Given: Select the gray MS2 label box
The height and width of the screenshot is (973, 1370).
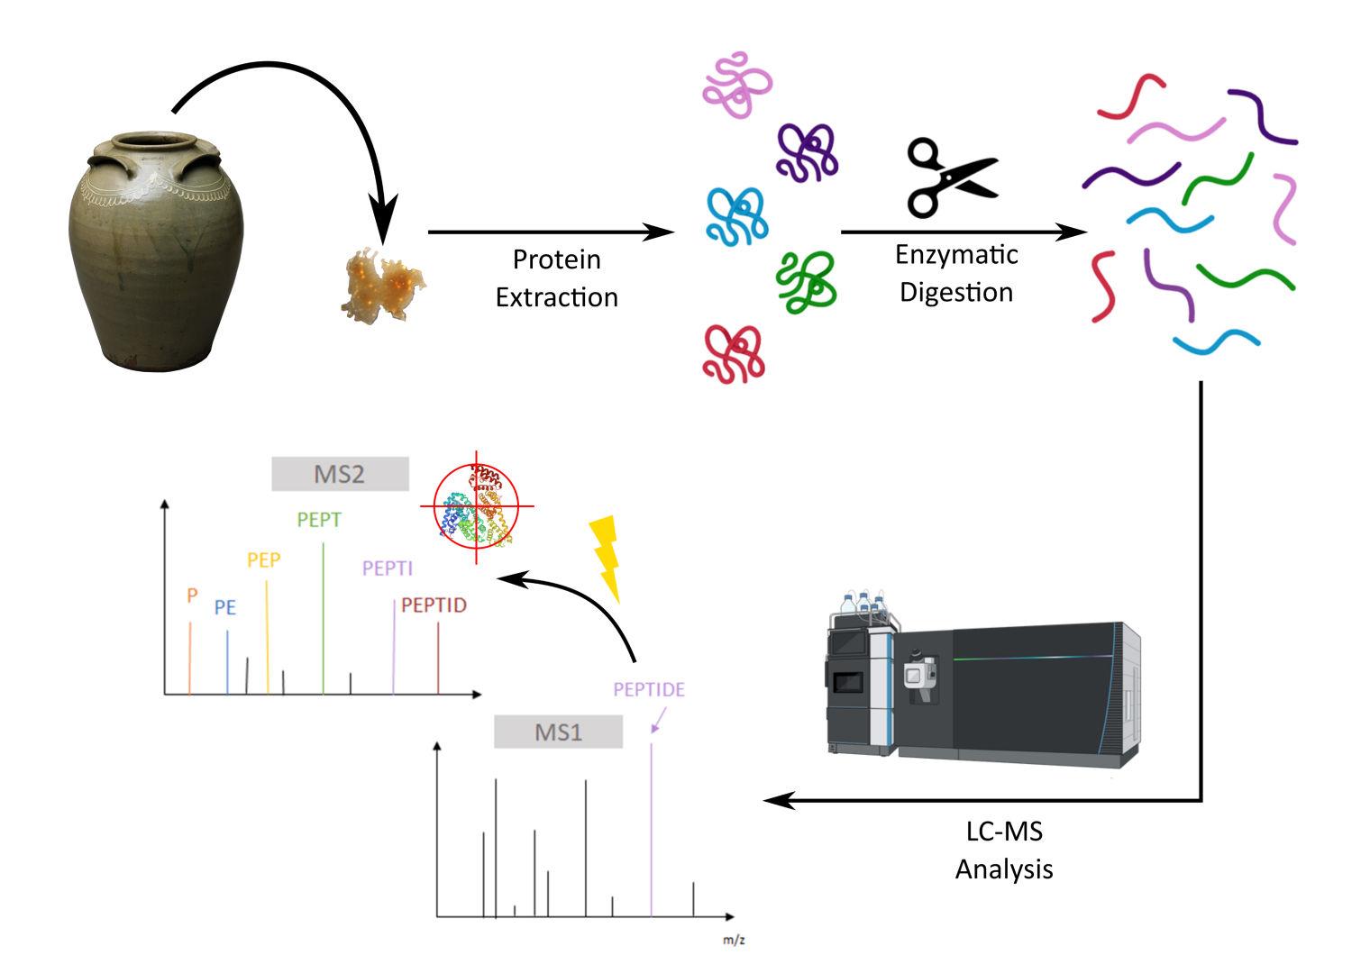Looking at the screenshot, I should click(x=340, y=474).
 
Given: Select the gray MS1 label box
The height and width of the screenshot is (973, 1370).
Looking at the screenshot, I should click(x=558, y=732).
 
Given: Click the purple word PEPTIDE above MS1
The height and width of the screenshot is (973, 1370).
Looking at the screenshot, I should click(x=649, y=689).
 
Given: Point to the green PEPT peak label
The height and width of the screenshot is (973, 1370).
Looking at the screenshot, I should click(x=319, y=520).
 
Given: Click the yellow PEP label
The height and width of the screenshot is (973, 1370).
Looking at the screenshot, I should click(x=264, y=559).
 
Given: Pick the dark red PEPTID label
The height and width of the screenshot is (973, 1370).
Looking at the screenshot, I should click(x=434, y=605).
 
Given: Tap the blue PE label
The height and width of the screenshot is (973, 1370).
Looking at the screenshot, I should click(x=224, y=608).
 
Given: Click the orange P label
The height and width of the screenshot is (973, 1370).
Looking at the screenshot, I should click(x=192, y=596).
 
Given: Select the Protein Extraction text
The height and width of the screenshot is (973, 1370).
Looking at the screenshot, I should click(x=556, y=278).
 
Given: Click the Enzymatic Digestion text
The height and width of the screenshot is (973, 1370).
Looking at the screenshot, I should click(x=956, y=274).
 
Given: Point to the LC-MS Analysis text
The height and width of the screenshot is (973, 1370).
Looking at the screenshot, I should click(x=1003, y=850).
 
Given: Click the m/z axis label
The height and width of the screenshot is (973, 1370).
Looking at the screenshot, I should click(x=734, y=941).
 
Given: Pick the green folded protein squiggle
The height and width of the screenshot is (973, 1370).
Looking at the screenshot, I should click(x=807, y=281).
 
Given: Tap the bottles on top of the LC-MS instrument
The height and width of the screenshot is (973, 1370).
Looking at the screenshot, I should click(x=863, y=604).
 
